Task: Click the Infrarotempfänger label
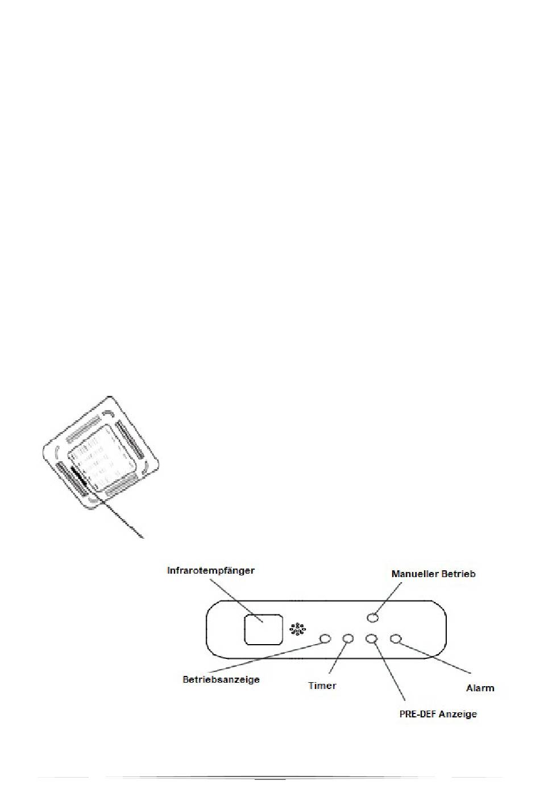pos(210,571)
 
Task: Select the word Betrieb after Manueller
pos(458,574)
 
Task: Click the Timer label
pos(322,686)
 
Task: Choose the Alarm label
pos(480,688)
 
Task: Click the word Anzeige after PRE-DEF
pos(458,714)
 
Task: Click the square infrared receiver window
pos(263,629)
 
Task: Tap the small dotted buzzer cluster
pos(297,629)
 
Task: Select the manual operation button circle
pos(372,617)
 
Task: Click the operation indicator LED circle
pos(325,638)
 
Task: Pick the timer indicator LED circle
pos(348,638)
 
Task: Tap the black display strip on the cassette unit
pos(79,477)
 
